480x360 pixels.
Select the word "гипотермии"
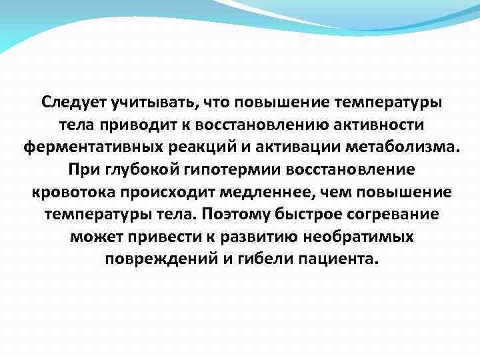pyautogui.click(x=223, y=170)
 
